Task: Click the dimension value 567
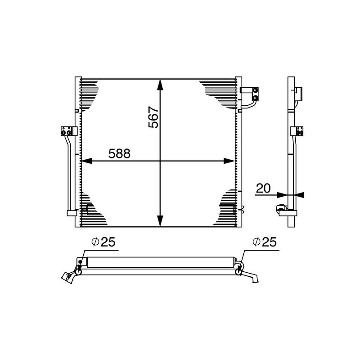tap(153, 118)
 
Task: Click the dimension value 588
tap(119, 154)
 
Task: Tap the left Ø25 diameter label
tap(103, 243)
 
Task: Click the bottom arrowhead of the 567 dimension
tap(160, 222)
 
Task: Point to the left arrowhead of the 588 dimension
tap(86, 160)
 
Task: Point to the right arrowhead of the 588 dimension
tap(230, 160)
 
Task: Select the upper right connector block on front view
tap(255, 93)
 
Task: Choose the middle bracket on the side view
tap(297, 131)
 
